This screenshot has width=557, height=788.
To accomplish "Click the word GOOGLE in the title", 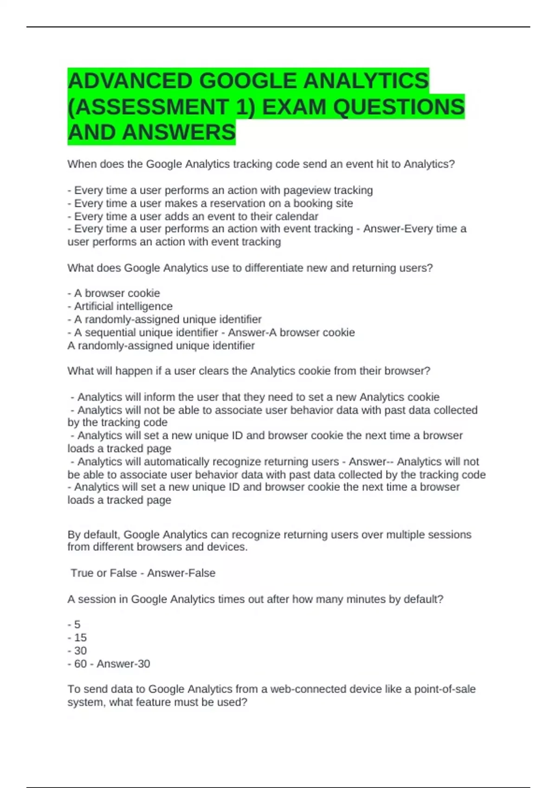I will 248,81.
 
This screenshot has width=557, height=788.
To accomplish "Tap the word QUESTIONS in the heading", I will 399,107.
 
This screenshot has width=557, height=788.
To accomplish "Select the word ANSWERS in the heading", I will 179,133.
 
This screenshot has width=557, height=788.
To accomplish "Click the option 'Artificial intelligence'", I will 123,306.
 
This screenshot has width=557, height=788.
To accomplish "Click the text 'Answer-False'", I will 181,573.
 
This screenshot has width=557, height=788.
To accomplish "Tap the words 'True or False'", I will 104,573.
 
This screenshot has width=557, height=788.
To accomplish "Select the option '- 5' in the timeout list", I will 74,625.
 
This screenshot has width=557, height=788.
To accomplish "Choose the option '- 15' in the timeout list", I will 77,638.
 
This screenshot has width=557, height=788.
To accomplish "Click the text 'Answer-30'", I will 123,664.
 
